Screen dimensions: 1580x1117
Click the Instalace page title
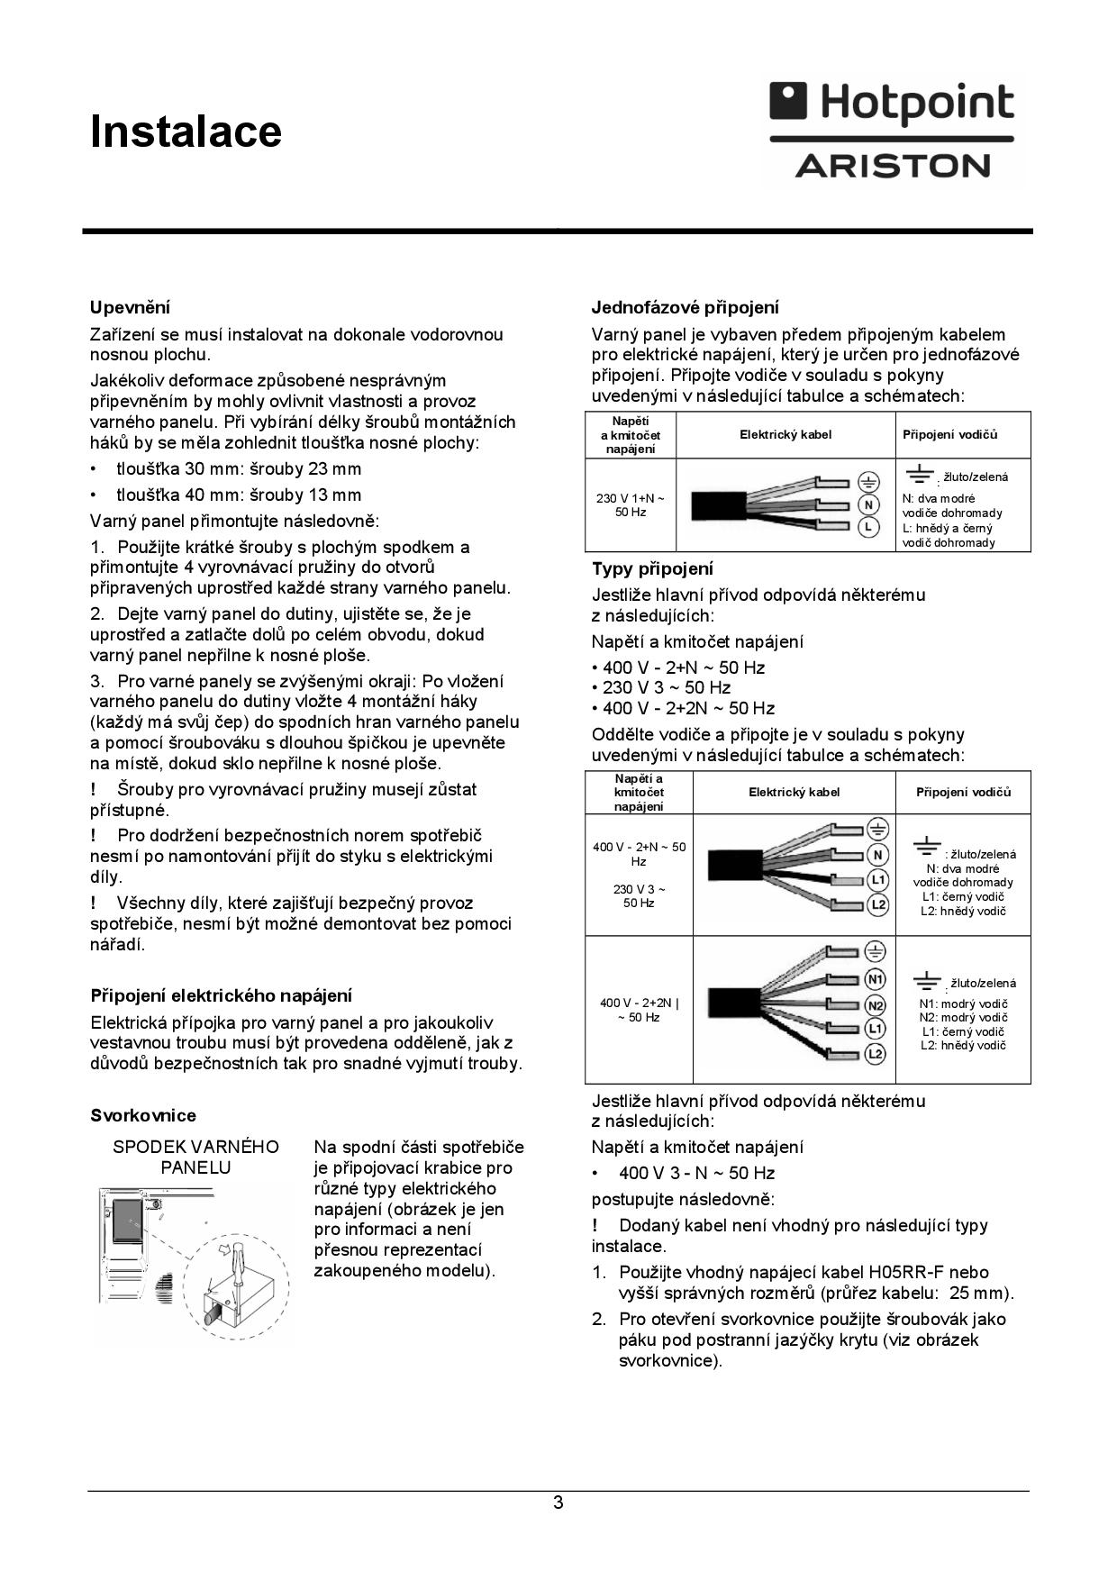click(186, 132)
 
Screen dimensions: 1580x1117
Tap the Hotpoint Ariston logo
click(891, 130)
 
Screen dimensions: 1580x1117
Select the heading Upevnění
click(130, 308)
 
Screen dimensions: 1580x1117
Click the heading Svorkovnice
click(142, 1115)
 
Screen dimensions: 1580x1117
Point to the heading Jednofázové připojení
click(685, 308)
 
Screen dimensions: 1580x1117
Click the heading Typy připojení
click(652, 568)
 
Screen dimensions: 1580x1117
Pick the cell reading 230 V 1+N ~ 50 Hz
click(631, 504)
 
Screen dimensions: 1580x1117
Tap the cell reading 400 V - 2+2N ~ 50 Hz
click(639, 1010)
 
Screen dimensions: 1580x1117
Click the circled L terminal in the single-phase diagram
click(867, 527)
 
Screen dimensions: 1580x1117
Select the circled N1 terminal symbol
click(876, 979)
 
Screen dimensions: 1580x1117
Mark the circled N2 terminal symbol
click(876, 1005)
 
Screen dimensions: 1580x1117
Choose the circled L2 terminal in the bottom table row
click(876, 1054)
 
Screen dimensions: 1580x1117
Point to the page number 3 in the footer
click(558, 1503)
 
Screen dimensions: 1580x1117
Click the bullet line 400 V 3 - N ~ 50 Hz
click(696, 1173)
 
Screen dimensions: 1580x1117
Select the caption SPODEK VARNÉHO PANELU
click(195, 1158)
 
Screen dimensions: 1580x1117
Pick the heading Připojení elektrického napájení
click(221, 995)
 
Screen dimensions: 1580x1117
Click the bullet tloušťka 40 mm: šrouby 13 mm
click(239, 495)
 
